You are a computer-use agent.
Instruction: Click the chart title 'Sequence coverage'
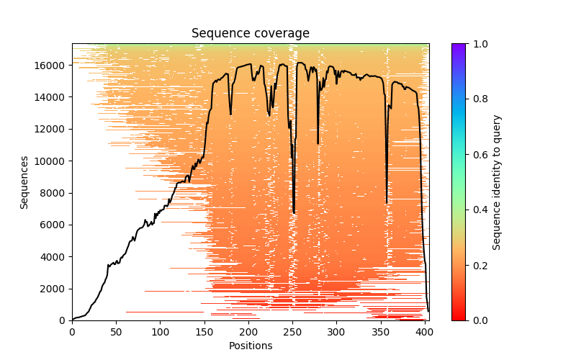click(x=251, y=34)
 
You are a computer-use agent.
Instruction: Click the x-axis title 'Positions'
click(x=251, y=346)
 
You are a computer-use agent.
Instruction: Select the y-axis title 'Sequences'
click(x=24, y=182)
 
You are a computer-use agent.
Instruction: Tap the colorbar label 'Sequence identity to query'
click(x=497, y=182)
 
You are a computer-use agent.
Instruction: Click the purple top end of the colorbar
click(x=459, y=46)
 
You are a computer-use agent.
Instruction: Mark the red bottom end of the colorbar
click(x=459, y=318)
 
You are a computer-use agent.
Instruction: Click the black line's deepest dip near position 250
click(x=294, y=212)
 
